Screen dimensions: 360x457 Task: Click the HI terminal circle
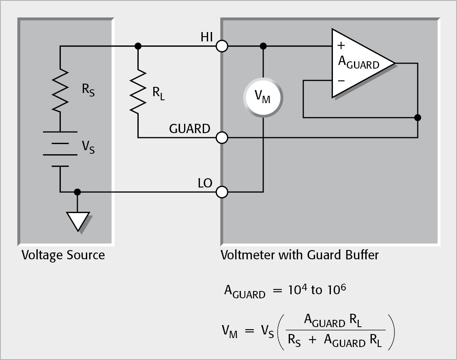[x=222, y=46]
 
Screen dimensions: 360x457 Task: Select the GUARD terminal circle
[x=222, y=138]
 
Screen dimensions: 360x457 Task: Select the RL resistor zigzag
[x=138, y=92]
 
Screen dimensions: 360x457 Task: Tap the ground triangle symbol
[x=77, y=221]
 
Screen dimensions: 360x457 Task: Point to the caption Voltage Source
[x=63, y=255]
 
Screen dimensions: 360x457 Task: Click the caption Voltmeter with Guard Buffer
[x=299, y=255]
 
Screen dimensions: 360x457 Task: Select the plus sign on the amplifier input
[x=341, y=45]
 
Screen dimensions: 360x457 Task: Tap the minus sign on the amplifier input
[x=341, y=81]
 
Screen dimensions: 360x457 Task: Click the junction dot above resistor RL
[x=138, y=46]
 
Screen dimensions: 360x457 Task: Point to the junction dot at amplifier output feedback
[x=418, y=118]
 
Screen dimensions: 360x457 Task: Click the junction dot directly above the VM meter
[x=263, y=46]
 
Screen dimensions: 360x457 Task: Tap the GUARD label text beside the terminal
[x=189, y=129]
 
